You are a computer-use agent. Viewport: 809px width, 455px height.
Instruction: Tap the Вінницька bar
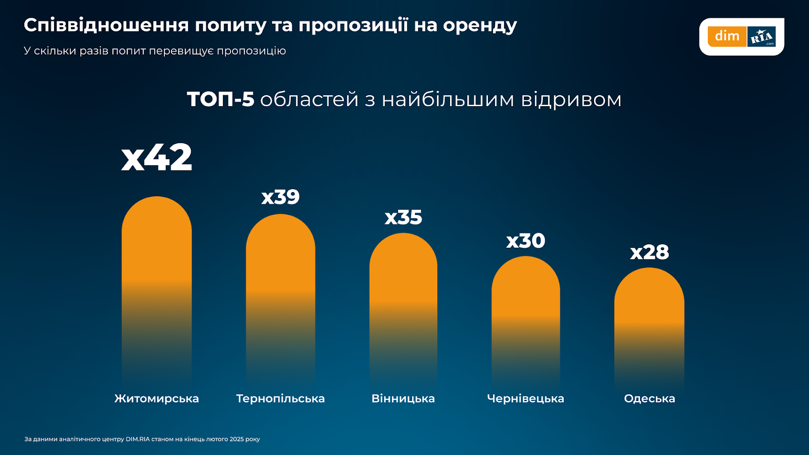[403, 283]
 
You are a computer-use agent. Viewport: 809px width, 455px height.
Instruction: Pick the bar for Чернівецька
[526, 298]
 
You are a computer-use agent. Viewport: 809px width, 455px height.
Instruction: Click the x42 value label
[157, 158]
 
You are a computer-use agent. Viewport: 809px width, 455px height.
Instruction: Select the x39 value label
[281, 197]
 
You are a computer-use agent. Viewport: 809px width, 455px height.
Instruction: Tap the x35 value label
[403, 217]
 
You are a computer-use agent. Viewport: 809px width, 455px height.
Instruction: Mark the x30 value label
[526, 241]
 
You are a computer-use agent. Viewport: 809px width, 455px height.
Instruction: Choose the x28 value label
[649, 252]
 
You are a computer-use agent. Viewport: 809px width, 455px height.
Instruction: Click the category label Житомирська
[157, 398]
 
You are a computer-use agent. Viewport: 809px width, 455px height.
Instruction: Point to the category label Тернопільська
[281, 398]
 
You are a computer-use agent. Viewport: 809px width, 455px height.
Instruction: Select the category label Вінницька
[403, 398]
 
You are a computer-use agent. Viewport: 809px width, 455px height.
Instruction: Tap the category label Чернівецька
[525, 398]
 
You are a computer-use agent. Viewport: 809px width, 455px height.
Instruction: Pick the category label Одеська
[649, 398]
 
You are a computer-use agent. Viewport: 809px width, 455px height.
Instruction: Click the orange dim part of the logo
[727, 36]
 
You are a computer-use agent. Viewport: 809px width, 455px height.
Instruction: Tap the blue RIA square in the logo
[761, 36]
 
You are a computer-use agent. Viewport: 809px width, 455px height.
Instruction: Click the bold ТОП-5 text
[220, 99]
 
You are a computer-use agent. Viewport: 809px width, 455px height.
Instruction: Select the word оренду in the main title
[480, 25]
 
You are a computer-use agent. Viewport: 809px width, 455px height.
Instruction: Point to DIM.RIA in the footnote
[138, 439]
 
